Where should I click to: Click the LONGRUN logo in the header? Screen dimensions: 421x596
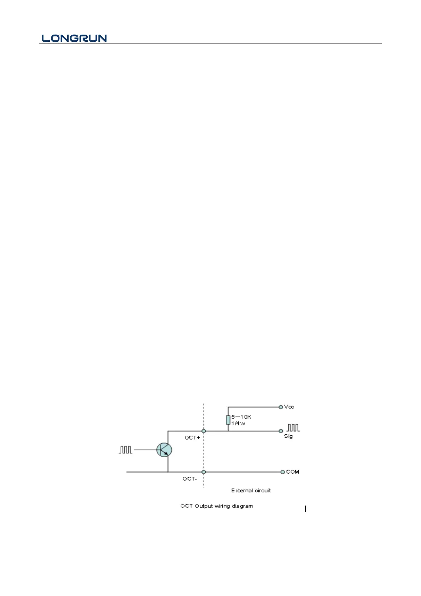(74, 38)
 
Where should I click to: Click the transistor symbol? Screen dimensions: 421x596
(164, 450)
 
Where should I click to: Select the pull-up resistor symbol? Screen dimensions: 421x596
(228, 420)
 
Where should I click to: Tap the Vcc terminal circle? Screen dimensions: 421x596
(281, 407)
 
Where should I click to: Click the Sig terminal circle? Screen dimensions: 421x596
(281, 431)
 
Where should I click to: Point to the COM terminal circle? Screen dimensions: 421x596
(282, 472)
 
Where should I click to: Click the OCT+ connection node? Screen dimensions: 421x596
(204, 431)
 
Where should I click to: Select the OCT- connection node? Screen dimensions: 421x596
(204, 472)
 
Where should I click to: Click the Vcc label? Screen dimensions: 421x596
(289, 407)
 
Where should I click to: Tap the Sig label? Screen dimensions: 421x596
(288, 436)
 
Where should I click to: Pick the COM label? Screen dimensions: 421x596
(293, 472)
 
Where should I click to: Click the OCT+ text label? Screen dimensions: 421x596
(192, 438)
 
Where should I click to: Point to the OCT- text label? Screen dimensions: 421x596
(190, 479)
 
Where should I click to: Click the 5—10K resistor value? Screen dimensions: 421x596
(241, 417)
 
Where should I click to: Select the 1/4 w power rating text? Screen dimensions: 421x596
(238, 423)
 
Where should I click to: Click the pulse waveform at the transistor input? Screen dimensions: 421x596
(125, 450)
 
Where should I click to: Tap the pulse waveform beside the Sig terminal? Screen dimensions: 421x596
(293, 428)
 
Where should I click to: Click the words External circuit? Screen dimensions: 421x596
(251, 491)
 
